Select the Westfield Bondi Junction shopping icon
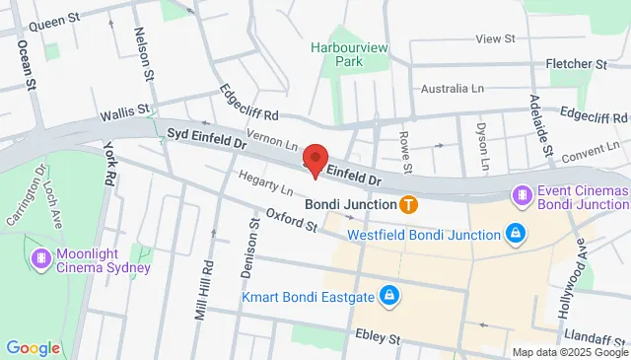click(514, 234)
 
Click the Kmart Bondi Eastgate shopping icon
click(390, 295)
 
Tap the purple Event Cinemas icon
click(521, 196)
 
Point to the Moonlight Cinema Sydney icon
click(40, 258)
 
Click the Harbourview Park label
click(336, 53)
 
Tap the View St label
click(496, 38)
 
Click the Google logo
click(33, 348)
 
